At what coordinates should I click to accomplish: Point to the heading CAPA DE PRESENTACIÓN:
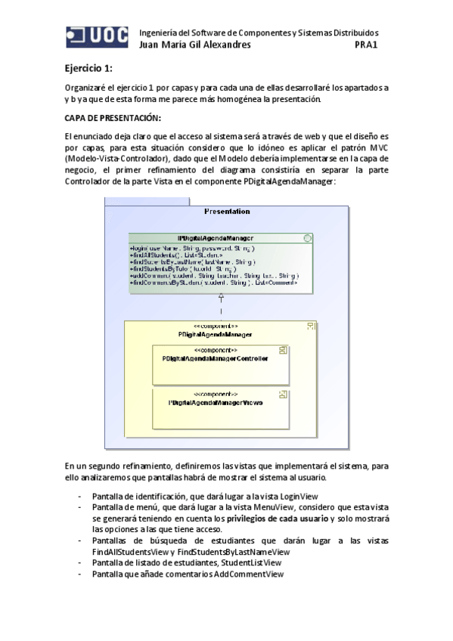pyautogui.click(x=113, y=119)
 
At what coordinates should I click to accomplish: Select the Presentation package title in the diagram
pyautogui.click(x=227, y=212)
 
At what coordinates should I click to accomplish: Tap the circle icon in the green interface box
pyautogui.click(x=306, y=238)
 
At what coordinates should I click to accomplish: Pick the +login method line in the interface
pyautogui.click(x=193, y=248)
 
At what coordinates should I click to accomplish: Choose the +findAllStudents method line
pyautogui.click(x=175, y=255)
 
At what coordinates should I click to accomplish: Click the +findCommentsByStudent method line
pyautogui.click(x=213, y=282)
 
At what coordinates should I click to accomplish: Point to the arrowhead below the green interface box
pyautogui.click(x=222, y=297)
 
